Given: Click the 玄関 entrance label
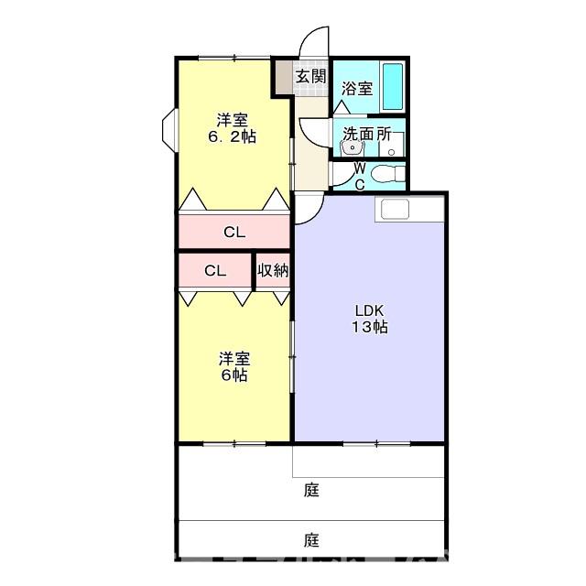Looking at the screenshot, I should click(310, 76).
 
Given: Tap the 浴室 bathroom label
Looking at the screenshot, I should click(357, 89).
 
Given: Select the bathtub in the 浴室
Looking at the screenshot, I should click(394, 85).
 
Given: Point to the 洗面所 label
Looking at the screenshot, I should click(366, 135).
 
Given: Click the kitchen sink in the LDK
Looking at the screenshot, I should click(399, 209).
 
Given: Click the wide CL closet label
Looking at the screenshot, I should click(234, 233).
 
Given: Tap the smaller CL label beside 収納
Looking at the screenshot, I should click(215, 270).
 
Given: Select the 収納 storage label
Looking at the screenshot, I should click(273, 270).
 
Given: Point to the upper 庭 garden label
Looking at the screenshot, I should click(311, 490).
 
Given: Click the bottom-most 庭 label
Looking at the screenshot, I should click(311, 539).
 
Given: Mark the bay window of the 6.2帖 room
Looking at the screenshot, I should click(170, 129).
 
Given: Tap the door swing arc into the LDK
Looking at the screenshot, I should click(308, 209).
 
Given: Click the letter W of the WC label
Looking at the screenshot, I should click(359, 168).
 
